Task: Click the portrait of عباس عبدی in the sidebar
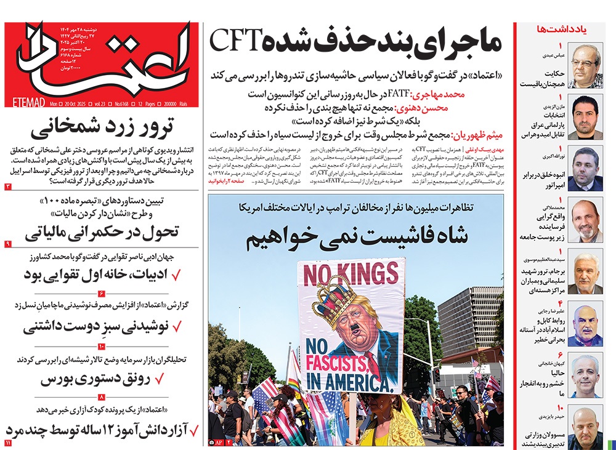pyautogui.click(x=585, y=66)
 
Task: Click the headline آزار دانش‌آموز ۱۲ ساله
pyautogui.click(x=102, y=428)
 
